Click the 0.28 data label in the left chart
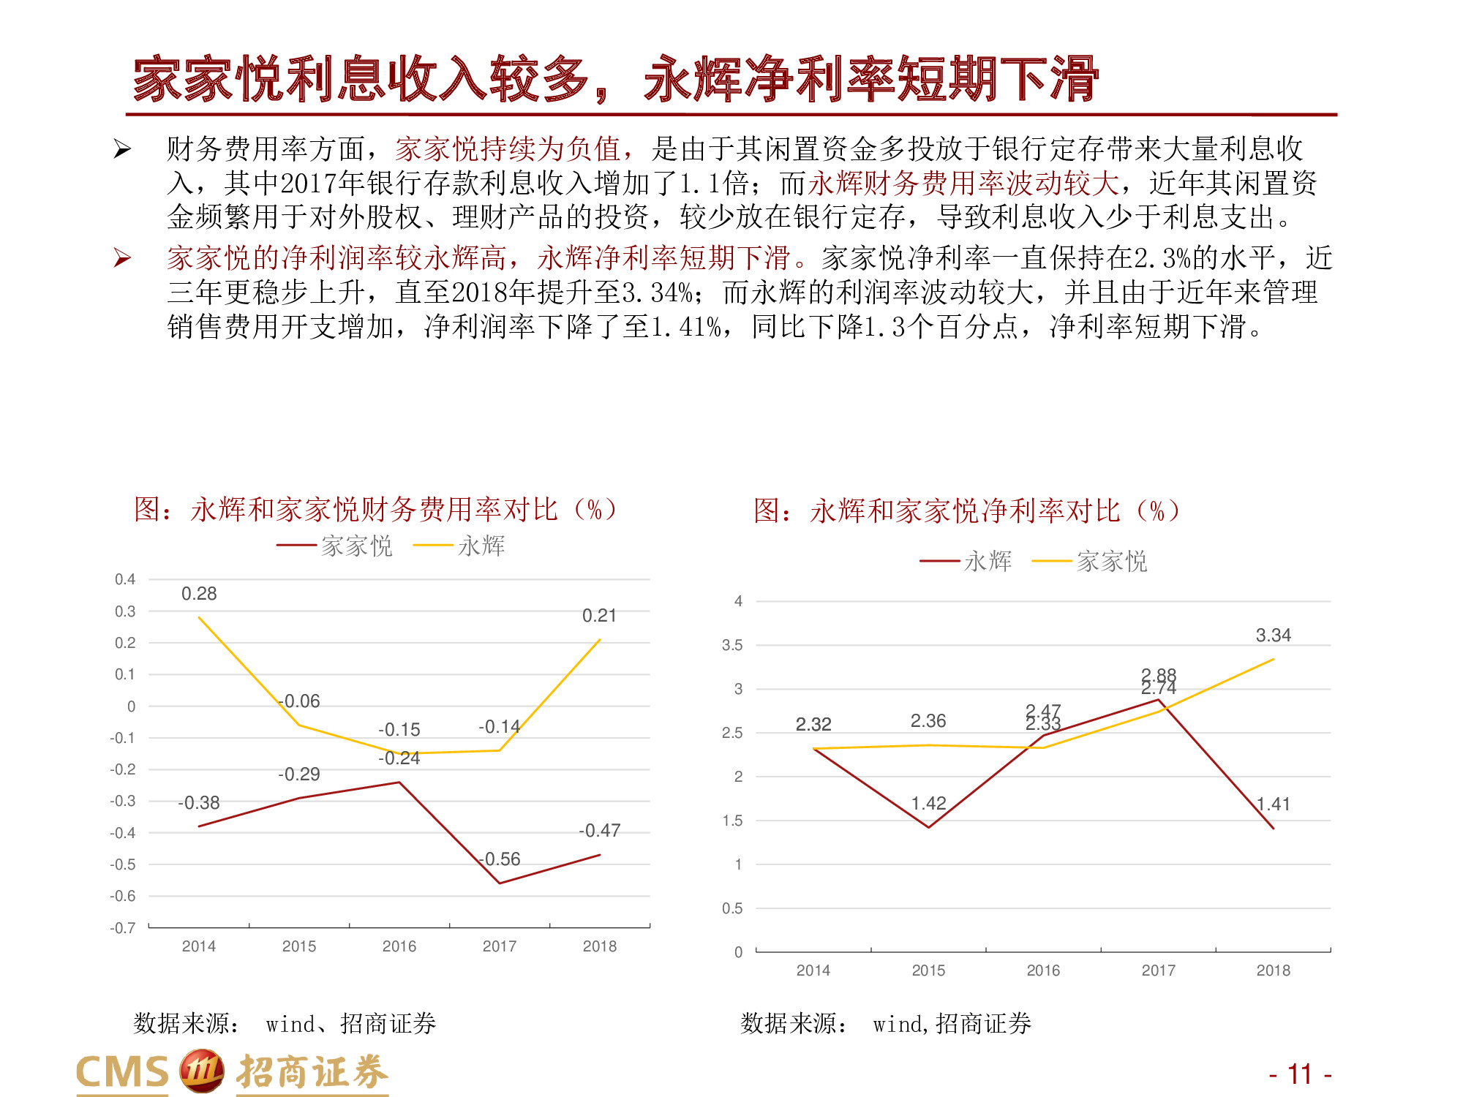199,594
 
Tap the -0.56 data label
501,859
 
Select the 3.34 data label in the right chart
1273,636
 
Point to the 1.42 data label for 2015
928,804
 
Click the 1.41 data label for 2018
1273,804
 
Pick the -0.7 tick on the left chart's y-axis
123,928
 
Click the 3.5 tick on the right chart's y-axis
731,645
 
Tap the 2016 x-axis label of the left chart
399,946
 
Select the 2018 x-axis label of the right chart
1273,970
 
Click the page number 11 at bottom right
1300,1074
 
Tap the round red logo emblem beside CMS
202,1071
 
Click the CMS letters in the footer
122,1073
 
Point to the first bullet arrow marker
122,150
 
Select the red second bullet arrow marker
122,258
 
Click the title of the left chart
375,510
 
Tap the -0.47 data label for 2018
599,831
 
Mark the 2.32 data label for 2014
813,725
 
